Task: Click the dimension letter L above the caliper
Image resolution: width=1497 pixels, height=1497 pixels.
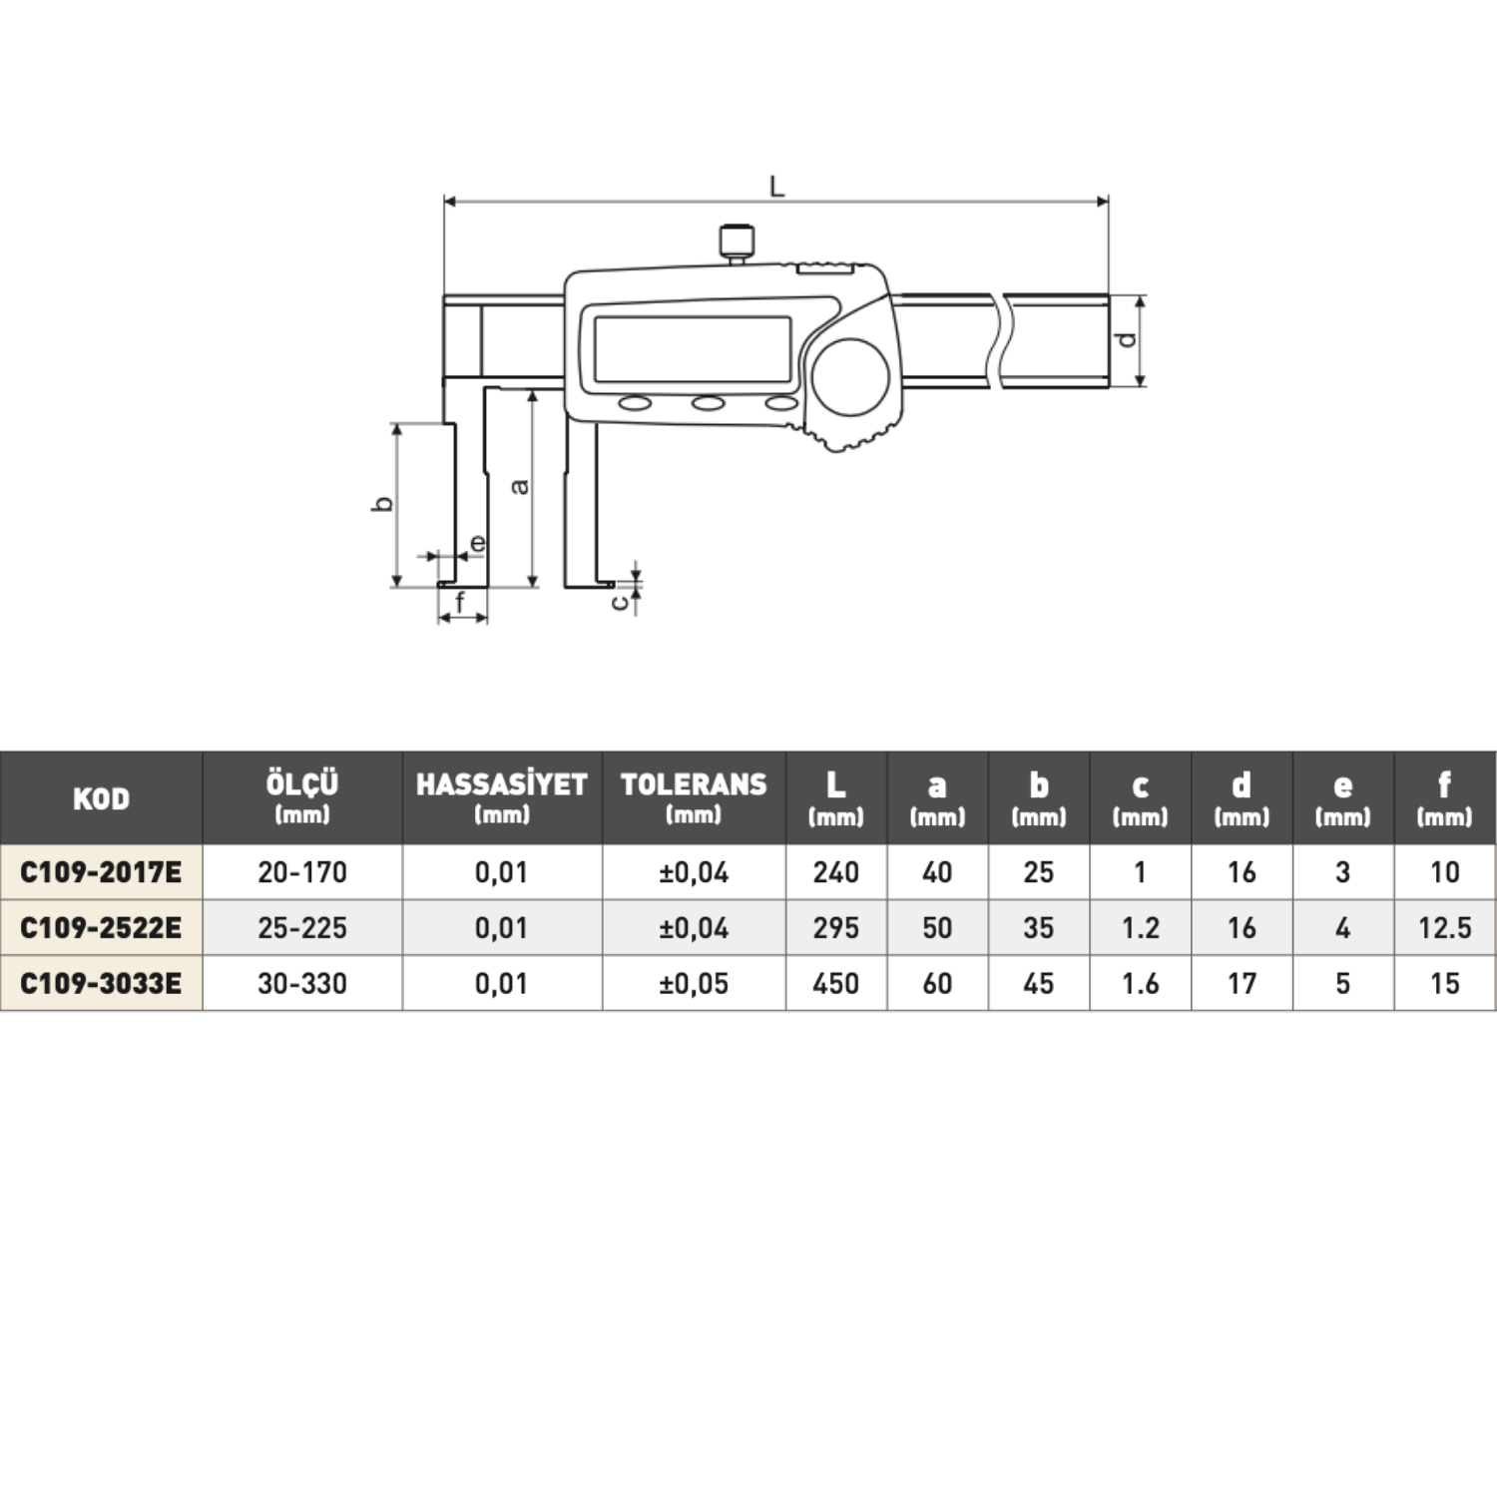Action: tap(776, 186)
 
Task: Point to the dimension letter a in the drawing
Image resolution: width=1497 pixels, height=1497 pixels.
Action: tap(519, 486)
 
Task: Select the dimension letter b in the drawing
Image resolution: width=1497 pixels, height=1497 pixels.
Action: tap(381, 504)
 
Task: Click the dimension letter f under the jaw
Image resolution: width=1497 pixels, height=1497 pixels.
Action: tap(460, 602)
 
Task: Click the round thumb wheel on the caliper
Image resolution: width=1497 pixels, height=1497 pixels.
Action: tap(850, 377)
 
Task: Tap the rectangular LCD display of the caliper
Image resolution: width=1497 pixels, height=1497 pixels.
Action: tap(692, 348)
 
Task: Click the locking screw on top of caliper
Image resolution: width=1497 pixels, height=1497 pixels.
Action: tap(737, 244)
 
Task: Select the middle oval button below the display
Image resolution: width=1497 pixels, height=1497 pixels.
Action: tap(709, 403)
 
